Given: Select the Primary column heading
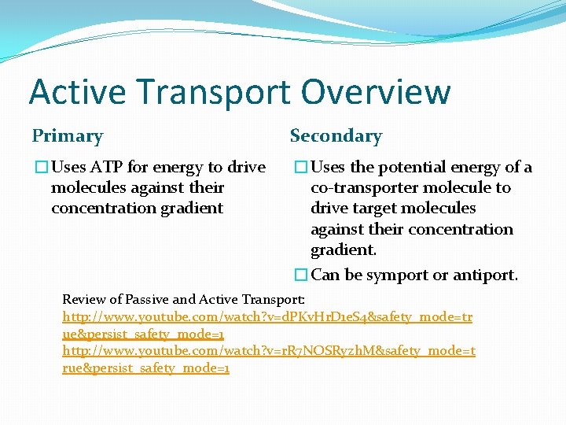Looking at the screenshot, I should tap(68, 136).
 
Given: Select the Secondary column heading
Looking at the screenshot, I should tap(336, 136).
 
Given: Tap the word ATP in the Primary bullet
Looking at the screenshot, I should tap(105, 168).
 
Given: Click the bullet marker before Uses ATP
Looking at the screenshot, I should tap(40, 168).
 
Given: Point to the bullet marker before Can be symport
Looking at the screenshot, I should tap(300, 275).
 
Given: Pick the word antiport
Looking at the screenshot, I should tap(487, 275).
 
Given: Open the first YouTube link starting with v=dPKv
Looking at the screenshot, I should tap(267, 316).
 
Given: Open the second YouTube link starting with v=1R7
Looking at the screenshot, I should tap(267, 351).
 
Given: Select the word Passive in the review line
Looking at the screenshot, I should tap(150, 299).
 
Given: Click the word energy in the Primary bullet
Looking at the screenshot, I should tap(180, 168).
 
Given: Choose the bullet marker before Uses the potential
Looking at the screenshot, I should tap(300, 168).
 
